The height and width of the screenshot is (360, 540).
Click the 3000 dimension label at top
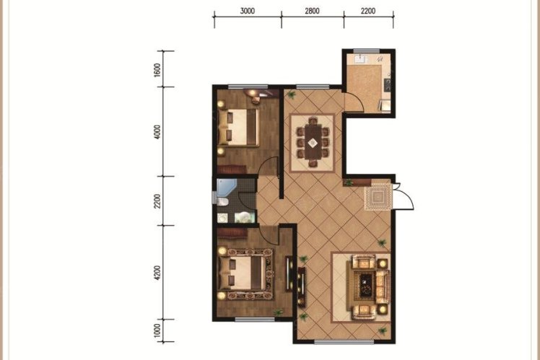pyautogui.click(x=248, y=11)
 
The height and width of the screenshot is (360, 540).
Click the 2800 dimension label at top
pyautogui.click(x=312, y=11)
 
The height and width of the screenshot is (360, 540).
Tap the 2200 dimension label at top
pyautogui.click(x=368, y=11)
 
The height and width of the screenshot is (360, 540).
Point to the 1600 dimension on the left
pyautogui.click(x=157, y=70)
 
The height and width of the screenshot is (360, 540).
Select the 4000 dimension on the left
pyautogui.click(x=157, y=132)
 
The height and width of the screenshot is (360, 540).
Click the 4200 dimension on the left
pyautogui.click(x=157, y=273)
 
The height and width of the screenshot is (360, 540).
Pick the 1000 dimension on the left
pyautogui.click(x=157, y=330)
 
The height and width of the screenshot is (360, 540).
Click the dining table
pyautogui.click(x=313, y=142)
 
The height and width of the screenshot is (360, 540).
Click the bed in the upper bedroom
pyautogui.click(x=238, y=127)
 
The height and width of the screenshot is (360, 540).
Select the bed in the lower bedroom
pyautogui.click(x=242, y=273)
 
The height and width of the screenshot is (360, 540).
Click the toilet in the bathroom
pyautogui.click(x=222, y=201)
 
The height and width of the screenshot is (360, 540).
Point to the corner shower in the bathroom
pyautogui.click(x=225, y=188)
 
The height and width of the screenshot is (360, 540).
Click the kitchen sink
pyautogui.click(x=361, y=59)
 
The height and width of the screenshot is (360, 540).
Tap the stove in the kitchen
pyautogui.click(x=388, y=84)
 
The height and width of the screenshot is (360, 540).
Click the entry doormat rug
pyautogui.click(x=378, y=196)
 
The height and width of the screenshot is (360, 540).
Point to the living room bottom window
pyautogui.click(x=344, y=341)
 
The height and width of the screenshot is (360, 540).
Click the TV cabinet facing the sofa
pyautogui.click(x=301, y=285)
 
